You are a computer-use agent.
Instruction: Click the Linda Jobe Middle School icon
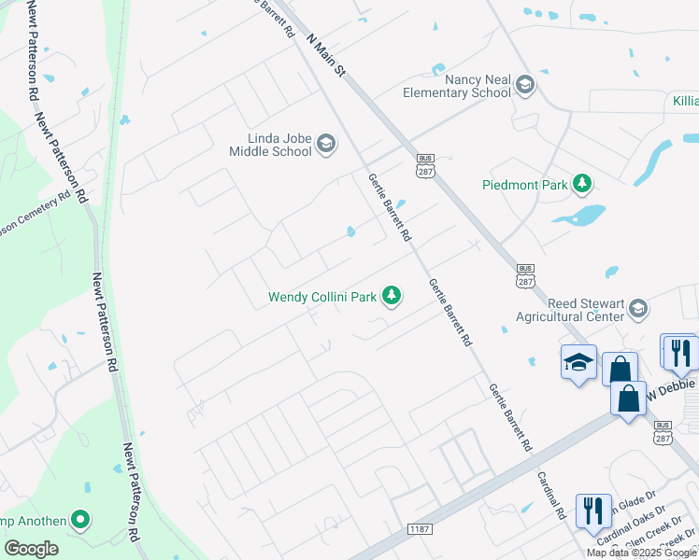pyautogui.click(x=326, y=143)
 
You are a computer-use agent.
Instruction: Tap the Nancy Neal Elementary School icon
pyautogui.click(x=524, y=86)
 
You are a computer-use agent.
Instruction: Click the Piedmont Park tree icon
pyautogui.click(x=583, y=184)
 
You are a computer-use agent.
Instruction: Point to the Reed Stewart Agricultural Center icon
pyautogui.click(x=638, y=308)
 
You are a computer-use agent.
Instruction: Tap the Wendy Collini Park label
pyautogui.click(x=322, y=298)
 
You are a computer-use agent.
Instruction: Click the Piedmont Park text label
pyautogui.click(x=525, y=185)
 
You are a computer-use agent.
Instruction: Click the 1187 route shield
pyautogui.click(x=420, y=529)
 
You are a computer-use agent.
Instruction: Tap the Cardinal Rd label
pyautogui.click(x=551, y=495)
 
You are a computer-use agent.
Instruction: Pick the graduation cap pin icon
pyautogui.click(x=578, y=362)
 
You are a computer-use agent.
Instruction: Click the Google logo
pyautogui.click(x=31, y=549)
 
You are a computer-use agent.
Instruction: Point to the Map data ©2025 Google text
pyautogui.click(x=641, y=553)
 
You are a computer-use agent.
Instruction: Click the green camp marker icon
pyautogui.click(x=80, y=521)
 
